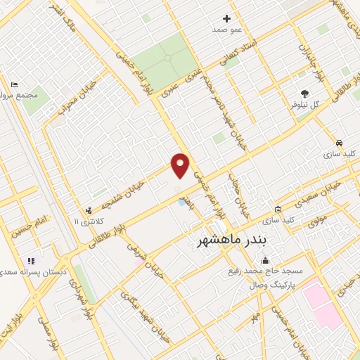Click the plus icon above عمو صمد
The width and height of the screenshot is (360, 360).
click(x=226, y=19)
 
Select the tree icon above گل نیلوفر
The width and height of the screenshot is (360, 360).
click(x=304, y=93)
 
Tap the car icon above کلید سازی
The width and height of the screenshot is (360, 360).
click(x=339, y=141)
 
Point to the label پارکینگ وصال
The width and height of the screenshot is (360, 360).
click(x=273, y=286)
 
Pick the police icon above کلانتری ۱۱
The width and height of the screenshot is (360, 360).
click(x=89, y=210)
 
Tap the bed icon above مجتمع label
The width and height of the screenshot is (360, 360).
click(x=15, y=84)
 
